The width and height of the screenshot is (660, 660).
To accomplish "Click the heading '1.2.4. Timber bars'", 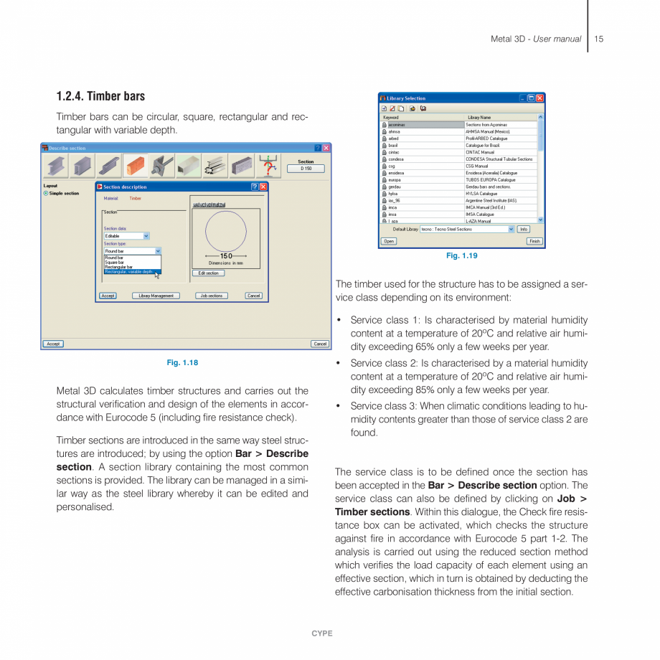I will (x=100, y=97).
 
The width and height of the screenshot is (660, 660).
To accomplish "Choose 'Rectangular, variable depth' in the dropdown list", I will (x=130, y=272).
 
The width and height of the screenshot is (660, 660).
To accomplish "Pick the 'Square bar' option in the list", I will (x=115, y=263).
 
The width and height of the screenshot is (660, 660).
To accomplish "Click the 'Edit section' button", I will (x=207, y=273).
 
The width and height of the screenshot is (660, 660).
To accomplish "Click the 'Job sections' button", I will (x=211, y=296).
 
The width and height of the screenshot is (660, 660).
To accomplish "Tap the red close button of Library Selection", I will (x=539, y=98).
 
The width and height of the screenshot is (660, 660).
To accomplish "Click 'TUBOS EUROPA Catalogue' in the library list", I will (x=491, y=180).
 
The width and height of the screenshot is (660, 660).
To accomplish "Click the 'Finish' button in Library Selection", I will (x=534, y=242).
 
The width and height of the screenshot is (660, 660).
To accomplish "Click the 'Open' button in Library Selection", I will (x=388, y=242).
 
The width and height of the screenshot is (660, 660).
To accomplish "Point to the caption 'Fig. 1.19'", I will (x=461, y=256).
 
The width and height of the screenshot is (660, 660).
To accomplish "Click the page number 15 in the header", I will (x=599, y=39).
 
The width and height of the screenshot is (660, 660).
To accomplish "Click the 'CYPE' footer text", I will (x=322, y=633).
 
